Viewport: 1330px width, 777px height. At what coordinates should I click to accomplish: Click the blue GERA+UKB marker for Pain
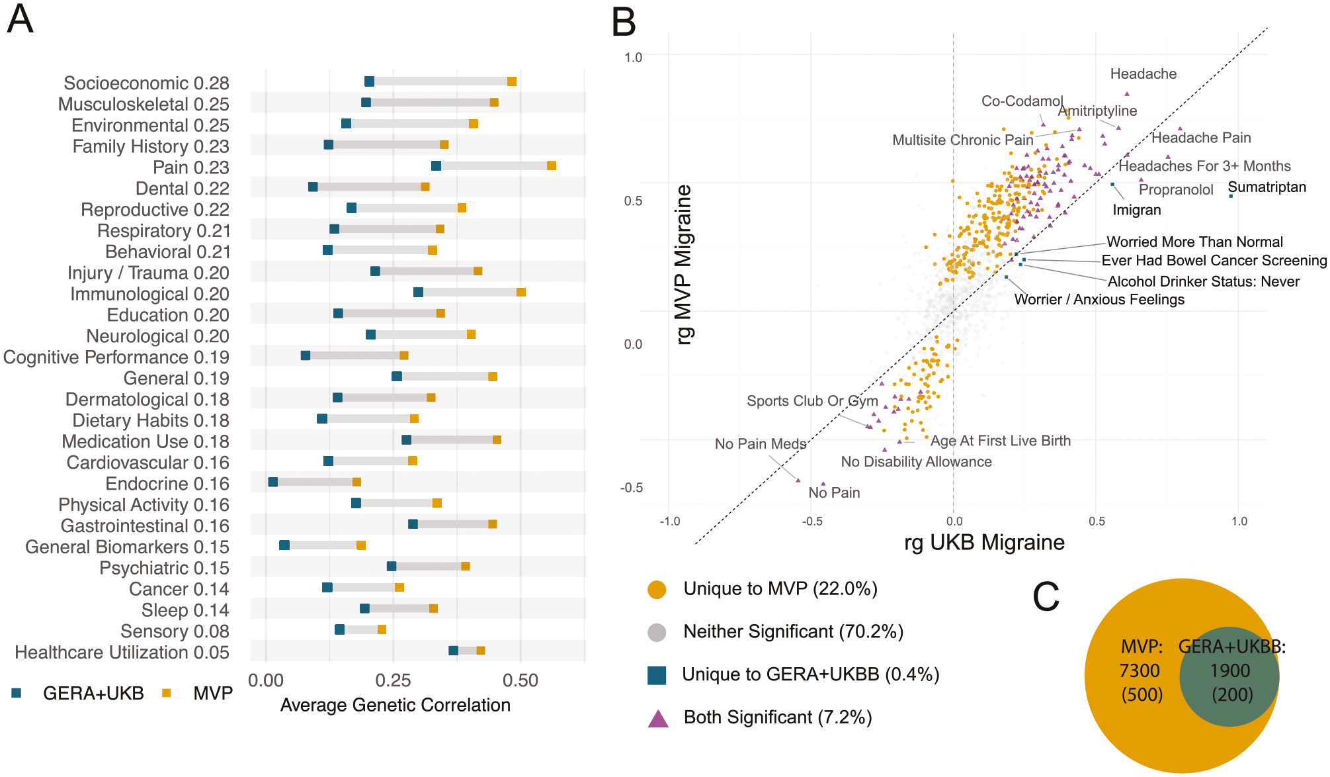[x=436, y=165]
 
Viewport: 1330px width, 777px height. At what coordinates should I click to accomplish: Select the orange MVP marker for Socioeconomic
[x=512, y=81]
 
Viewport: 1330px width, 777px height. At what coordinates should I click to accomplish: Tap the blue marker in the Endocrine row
[x=273, y=482]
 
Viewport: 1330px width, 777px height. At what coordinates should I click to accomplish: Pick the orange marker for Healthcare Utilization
[x=481, y=651]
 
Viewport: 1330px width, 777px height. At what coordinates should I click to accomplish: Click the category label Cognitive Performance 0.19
[x=116, y=357]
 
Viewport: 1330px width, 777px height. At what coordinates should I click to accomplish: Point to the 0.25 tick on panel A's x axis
[x=394, y=680]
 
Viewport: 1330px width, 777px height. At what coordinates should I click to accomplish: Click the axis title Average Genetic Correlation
[x=395, y=705]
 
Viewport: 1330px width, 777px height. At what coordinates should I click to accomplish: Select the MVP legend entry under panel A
[x=198, y=693]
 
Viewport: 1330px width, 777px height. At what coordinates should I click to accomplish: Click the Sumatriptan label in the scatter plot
[x=1267, y=187]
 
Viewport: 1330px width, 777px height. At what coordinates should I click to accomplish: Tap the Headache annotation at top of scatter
[x=1143, y=73]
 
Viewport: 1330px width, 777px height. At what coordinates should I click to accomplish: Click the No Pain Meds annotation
[x=761, y=443]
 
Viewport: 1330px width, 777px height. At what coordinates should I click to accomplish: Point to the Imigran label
[x=1137, y=210]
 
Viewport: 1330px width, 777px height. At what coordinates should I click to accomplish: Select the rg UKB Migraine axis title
[x=984, y=542]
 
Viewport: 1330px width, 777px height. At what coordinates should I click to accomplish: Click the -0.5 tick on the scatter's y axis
[x=631, y=488]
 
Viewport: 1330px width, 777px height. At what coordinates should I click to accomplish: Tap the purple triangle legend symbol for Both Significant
[x=658, y=718]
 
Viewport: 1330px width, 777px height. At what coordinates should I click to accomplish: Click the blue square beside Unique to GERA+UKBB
[x=657, y=675]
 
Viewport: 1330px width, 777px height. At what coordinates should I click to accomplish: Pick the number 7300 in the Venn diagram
[x=1140, y=670]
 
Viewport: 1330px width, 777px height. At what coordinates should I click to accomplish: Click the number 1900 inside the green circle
[x=1230, y=670]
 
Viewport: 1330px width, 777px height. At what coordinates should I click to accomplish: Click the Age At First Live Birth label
[x=1001, y=440]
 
